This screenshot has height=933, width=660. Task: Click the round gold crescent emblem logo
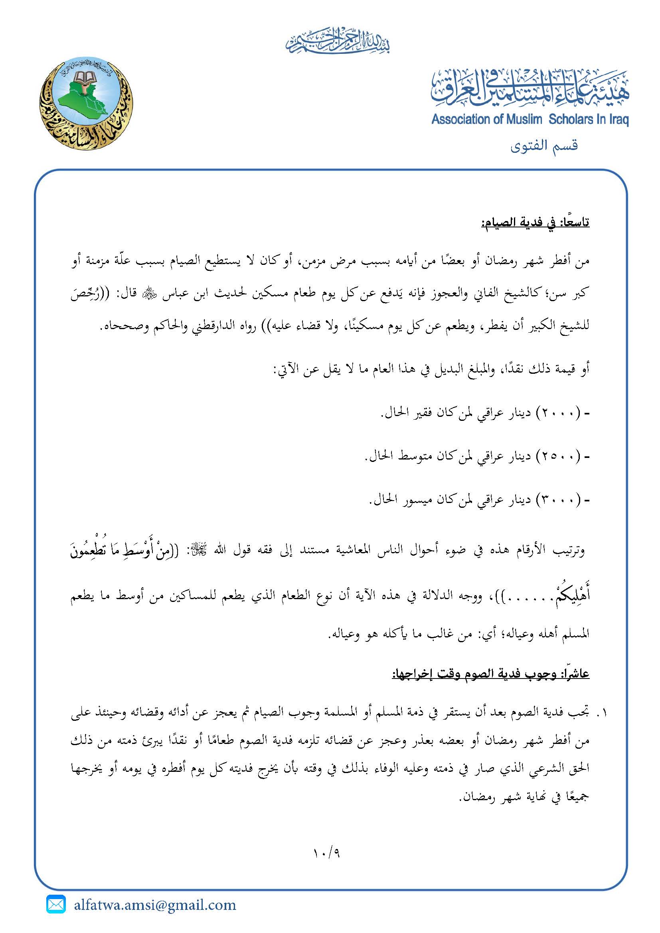86,103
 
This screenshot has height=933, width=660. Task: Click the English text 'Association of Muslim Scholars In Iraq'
530,120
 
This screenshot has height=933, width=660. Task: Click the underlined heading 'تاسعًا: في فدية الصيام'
535,223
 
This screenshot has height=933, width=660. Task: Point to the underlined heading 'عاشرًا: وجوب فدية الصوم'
490,674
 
